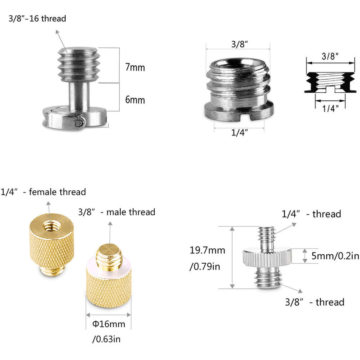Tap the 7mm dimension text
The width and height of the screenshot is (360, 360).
135,67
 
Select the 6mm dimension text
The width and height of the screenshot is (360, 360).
135,100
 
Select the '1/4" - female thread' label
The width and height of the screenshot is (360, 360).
43,192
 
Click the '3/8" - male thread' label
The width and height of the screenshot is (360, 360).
117,212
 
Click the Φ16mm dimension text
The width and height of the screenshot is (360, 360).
108,323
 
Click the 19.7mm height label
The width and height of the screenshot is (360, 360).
208,251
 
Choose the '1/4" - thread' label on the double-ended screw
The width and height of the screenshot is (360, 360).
311,214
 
